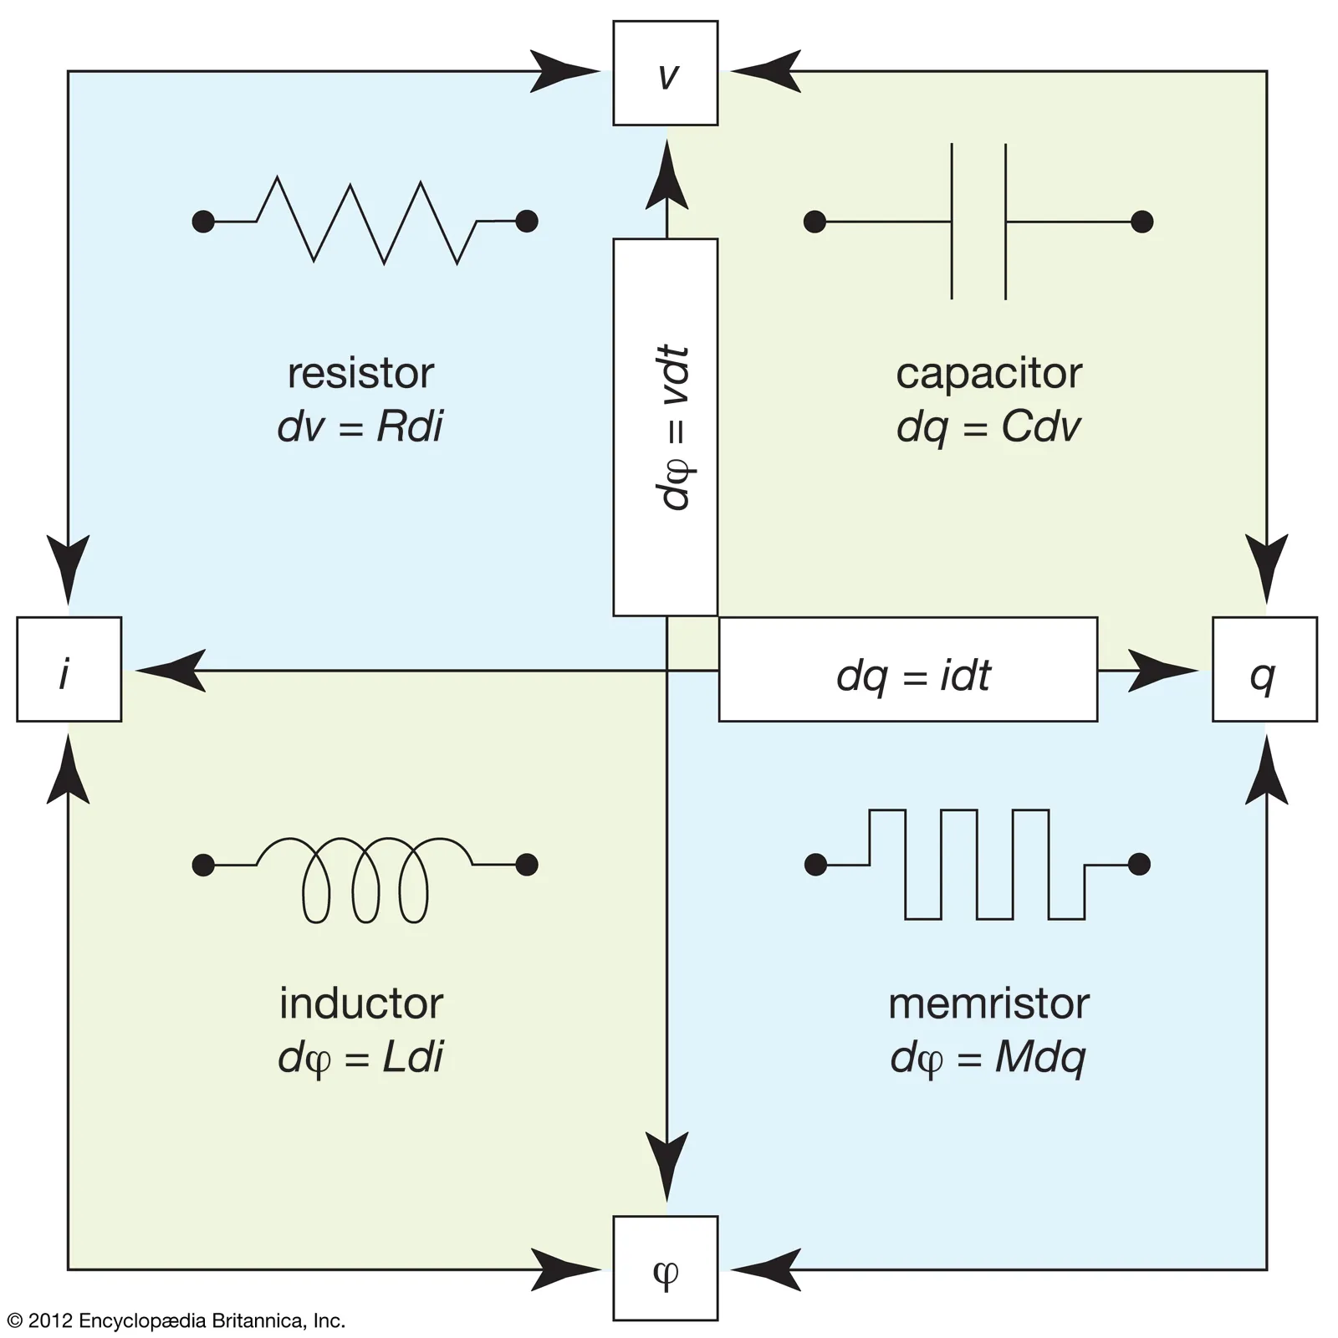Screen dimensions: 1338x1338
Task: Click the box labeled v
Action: pyautogui.click(x=665, y=74)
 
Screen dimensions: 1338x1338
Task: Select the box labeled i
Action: pyautogui.click(x=69, y=669)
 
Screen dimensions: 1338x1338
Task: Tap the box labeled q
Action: pyautogui.click(x=1264, y=669)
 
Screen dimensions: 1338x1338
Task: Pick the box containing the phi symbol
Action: pyautogui.click(x=665, y=1268)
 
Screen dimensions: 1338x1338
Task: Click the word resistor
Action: pyautogui.click(x=360, y=373)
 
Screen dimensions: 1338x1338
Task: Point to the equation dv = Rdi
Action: pyautogui.click(x=360, y=426)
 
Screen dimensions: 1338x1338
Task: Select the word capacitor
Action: pyautogui.click(x=988, y=373)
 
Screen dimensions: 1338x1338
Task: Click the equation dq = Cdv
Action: pyautogui.click(x=988, y=426)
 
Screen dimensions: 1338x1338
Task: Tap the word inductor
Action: pyautogui.click(x=360, y=1004)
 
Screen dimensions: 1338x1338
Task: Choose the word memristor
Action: pyautogui.click(x=988, y=1004)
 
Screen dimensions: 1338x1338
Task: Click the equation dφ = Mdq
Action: pyautogui.click(x=988, y=1058)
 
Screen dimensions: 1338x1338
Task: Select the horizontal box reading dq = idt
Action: pyautogui.click(x=908, y=669)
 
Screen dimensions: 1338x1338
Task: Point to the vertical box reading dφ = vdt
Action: pyautogui.click(x=665, y=427)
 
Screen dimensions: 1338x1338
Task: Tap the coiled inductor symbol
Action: pyautogui.click(x=365, y=878)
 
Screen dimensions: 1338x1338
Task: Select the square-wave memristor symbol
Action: pyautogui.click(x=977, y=864)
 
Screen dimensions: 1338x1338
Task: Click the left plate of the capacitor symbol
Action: pyautogui.click(x=952, y=222)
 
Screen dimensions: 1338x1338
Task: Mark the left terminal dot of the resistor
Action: pyautogui.click(x=203, y=222)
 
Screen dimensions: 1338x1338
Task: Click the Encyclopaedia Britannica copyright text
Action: pyautogui.click(x=176, y=1320)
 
